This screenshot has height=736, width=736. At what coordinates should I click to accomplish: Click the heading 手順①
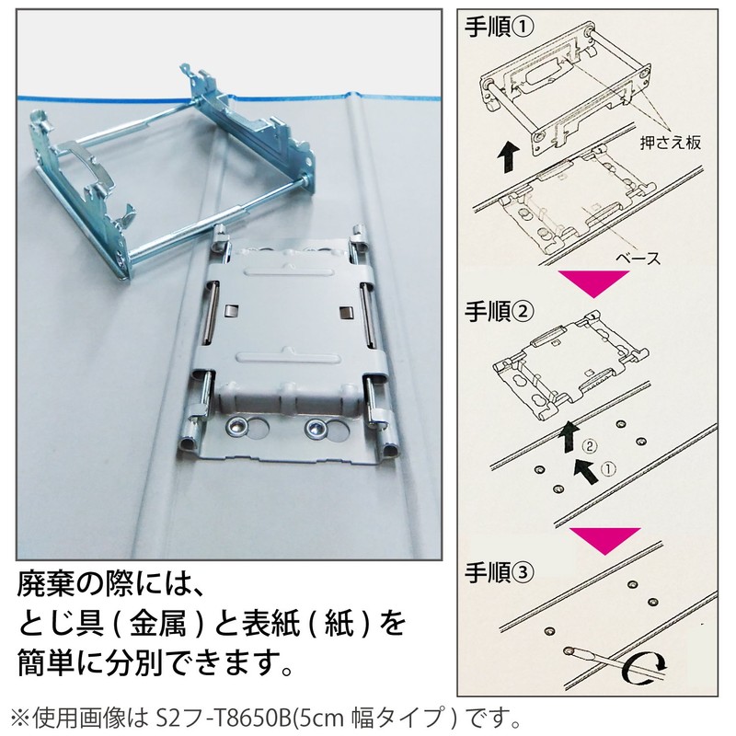point(498,28)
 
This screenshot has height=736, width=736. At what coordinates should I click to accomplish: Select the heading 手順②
point(498,310)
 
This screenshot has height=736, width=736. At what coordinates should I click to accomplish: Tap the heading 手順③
point(498,570)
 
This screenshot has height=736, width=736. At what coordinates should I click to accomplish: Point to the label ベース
point(639,259)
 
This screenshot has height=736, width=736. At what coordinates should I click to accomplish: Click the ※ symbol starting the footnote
point(19,714)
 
